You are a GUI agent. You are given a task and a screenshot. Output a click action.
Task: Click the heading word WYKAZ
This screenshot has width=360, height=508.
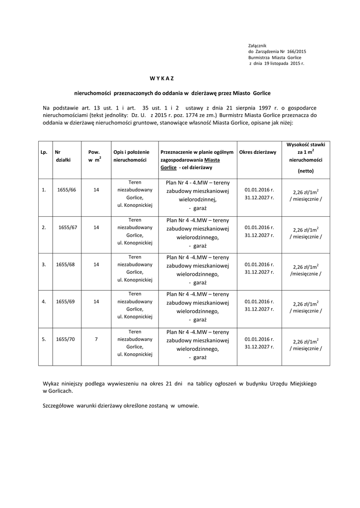[x=162, y=78]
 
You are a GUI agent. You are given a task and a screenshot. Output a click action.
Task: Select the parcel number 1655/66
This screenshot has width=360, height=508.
[x=66, y=190]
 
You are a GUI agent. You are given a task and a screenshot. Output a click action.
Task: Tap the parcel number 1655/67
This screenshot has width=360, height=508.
[x=68, y=227]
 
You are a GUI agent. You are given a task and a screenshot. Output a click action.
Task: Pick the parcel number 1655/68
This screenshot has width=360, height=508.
[x=65, y=264]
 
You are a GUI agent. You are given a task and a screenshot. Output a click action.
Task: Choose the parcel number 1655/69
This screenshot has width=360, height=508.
[x=65, y=301]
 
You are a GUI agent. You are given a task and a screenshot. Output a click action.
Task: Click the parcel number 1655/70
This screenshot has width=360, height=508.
[x=65, y=339]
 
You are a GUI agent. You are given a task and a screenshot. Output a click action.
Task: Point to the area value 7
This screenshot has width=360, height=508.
[x=96, y=339]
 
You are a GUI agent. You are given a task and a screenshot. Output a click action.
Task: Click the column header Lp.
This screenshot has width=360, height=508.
[x=44, y=152]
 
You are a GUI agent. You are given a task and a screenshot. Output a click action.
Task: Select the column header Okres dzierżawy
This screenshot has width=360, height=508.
[x=258, y=152]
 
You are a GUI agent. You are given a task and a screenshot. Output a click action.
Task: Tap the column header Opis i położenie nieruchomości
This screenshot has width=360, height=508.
[x=131, y=156]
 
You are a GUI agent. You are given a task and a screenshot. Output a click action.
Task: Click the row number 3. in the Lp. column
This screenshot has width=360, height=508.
[x=44, y=264]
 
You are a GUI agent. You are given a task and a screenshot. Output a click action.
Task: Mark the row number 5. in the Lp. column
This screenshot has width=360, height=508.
[x=44, y=339]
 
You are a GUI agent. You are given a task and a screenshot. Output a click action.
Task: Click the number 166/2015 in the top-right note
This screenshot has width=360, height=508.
[x=296, y=52]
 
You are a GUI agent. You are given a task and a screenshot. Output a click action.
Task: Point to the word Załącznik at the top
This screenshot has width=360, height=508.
[x=258, y=46]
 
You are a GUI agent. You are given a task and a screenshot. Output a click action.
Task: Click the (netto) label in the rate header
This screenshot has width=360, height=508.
[x=305, y=171]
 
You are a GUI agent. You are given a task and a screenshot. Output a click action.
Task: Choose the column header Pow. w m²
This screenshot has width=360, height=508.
[x=94, y=156]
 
